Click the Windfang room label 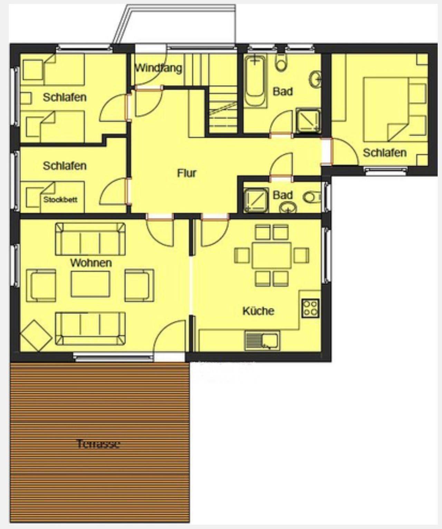158,68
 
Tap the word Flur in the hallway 186,173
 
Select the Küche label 258,311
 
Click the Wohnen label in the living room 91,263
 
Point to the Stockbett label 60,199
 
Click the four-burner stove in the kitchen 311,308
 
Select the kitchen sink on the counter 262,341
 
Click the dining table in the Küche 271,255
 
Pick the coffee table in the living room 90,284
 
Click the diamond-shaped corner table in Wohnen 36,336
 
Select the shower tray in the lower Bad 256,200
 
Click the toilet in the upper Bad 281,63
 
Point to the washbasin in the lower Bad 288,207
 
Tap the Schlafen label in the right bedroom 385,153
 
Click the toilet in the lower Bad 313,197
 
